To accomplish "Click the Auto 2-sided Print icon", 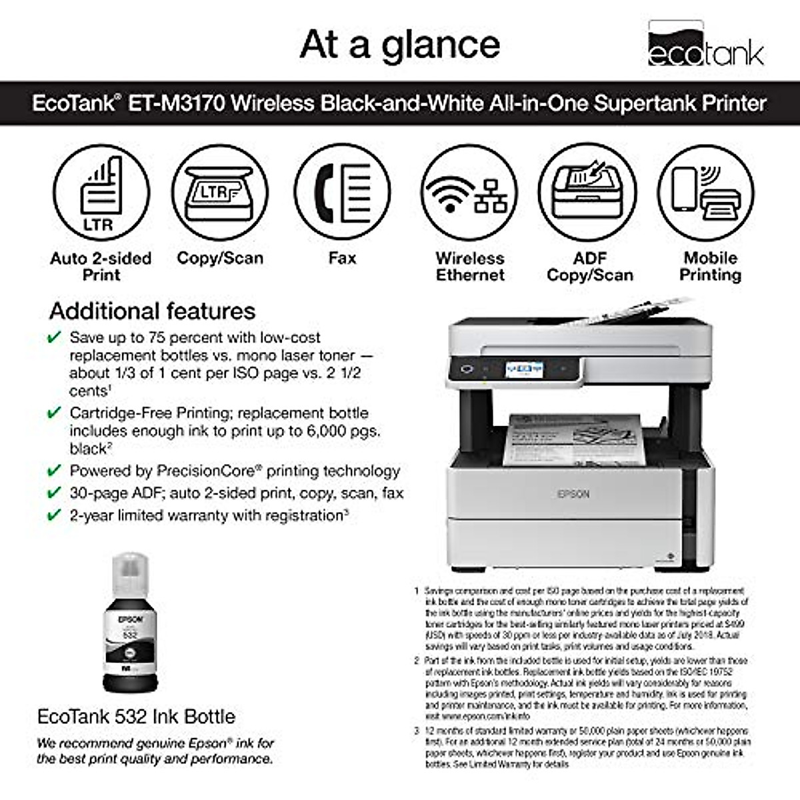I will pos(101,193).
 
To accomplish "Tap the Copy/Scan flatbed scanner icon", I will pos(220,193).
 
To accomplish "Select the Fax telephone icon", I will pos(343,193).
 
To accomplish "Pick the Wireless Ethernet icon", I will pos(470,193).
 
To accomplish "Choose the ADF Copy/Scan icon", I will pos(588,193).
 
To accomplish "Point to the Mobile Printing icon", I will pos(707,193).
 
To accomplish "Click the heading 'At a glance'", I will pos(400,45).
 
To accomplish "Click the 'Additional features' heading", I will pos(152,311).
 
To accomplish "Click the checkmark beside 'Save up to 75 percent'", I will pos(54,338).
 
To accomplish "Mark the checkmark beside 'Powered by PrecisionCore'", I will pos(54,471).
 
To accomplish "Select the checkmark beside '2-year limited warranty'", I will pos(54,515).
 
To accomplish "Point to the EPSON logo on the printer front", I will pos(573,494).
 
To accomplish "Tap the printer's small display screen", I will pos(524,369).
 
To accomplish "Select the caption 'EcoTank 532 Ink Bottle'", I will pos(136,717).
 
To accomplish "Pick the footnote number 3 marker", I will pos(417,731).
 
